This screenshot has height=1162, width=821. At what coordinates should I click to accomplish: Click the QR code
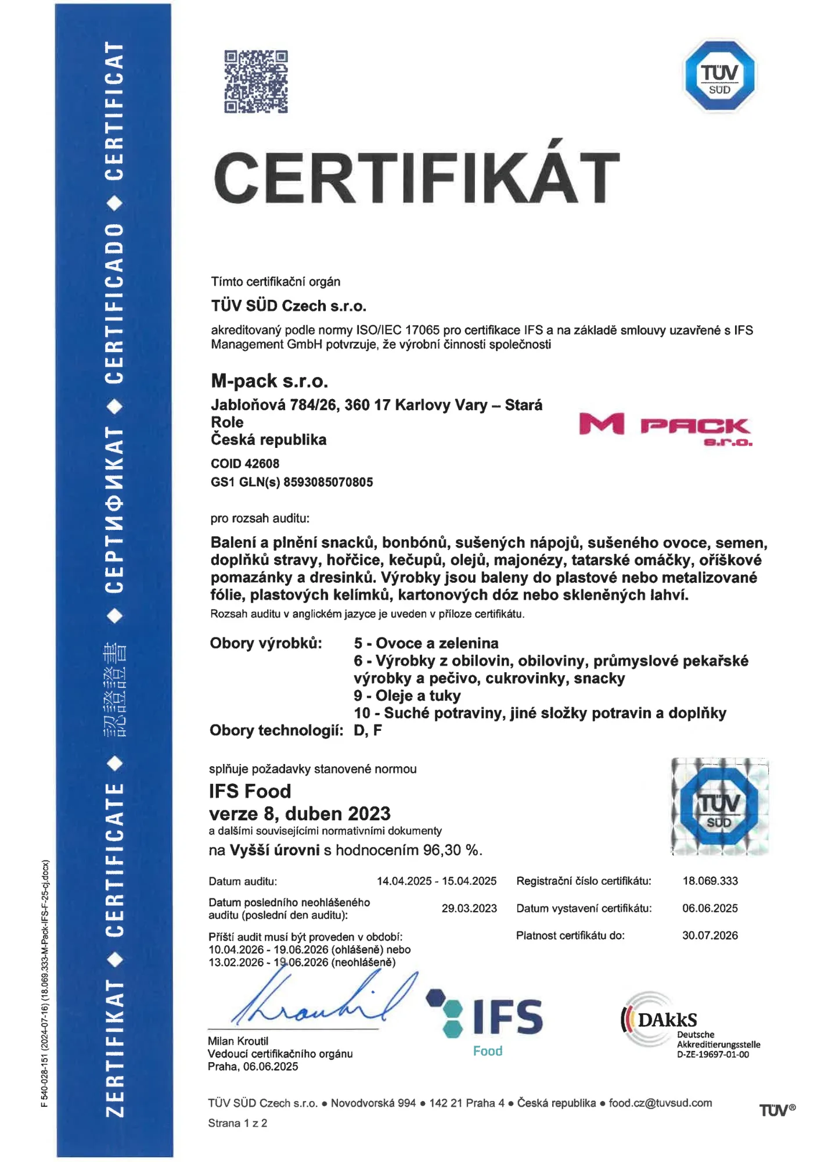256,81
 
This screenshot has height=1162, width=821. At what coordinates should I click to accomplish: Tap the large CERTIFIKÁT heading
417,177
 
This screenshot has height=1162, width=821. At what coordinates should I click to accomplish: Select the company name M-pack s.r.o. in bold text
269,381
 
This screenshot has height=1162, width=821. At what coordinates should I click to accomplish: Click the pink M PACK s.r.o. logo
665,429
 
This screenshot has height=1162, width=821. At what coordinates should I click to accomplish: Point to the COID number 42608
262,464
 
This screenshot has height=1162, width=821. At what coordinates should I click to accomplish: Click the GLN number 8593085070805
328,482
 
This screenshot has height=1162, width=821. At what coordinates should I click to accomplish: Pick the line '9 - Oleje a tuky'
407,695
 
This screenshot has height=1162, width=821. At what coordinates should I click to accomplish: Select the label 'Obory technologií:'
276,730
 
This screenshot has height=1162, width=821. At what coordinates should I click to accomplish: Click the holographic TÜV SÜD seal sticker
720,807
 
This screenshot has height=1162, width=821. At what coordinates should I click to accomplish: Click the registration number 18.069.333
710,881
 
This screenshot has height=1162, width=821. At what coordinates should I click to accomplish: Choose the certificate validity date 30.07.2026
710,935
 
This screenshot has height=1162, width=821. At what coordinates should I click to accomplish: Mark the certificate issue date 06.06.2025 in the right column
710,908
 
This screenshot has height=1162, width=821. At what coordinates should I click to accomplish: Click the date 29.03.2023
469,908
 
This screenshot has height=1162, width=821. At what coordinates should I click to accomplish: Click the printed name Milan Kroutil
238,1041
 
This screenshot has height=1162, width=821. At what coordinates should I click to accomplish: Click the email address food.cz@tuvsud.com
660,1103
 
